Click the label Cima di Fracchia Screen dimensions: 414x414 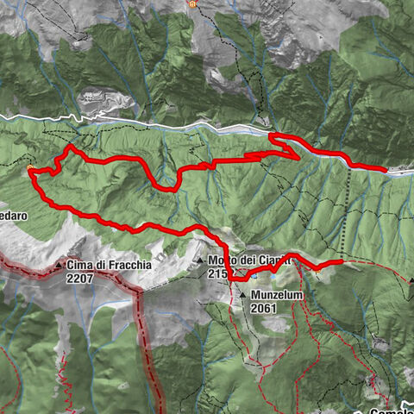point(109,266)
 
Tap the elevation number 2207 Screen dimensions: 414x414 point(80,279)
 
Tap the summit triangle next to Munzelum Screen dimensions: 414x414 point(242,295)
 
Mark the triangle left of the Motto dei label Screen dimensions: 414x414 point(199,260)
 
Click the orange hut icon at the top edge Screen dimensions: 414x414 point(191,3)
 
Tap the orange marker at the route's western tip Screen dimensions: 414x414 point(31,168)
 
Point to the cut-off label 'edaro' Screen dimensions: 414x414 point(13,215)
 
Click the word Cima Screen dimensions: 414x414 point(78,266)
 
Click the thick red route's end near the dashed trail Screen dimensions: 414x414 point(342,260)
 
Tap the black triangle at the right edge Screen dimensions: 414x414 point(411,279)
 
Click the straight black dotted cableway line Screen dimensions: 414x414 point(348,207)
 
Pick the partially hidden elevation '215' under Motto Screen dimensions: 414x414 point(216,273)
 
